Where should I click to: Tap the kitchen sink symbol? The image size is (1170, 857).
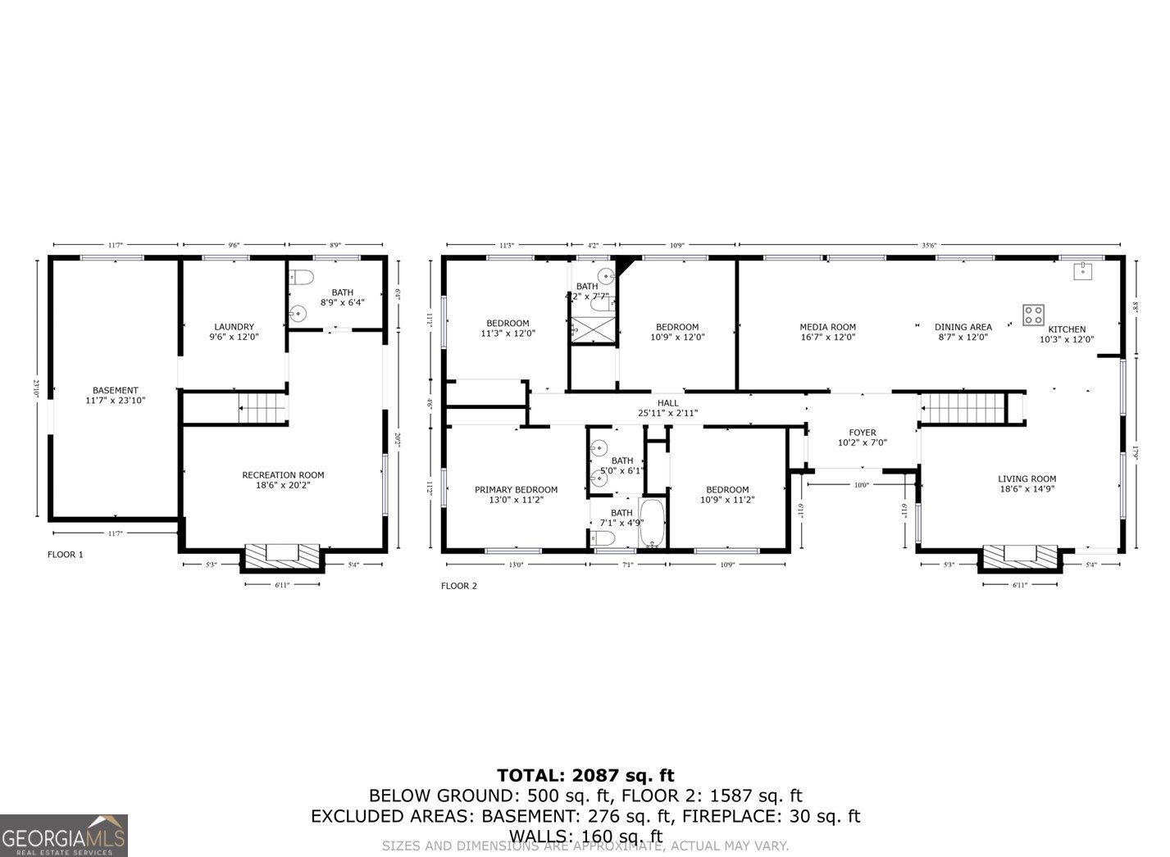(x=1084, y=271)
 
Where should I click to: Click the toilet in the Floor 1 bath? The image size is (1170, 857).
(x=300, y=278)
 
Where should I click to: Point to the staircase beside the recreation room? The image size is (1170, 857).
(x=262, y=407)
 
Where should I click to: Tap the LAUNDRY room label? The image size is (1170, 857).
(x=234, y=326)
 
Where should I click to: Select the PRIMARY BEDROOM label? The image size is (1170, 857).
(x=516, y=490)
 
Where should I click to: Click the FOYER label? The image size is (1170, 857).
(x=862, y=433)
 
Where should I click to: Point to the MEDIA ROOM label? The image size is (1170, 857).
(x=827, y=327)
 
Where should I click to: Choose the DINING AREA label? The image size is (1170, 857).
(x=963, y=327)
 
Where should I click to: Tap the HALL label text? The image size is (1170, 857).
(x=667, y=403)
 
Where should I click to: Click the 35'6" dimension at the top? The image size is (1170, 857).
(x=929, y=244)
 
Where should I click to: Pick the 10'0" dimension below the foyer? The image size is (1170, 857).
(x=861, y=485)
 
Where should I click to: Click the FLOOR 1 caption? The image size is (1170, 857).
(x=66, y=555)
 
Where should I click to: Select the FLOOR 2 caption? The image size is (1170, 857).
(x=458, y=586)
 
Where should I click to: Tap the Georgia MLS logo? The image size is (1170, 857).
(x=64, y=835)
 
